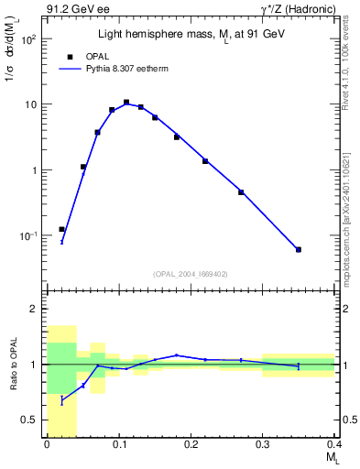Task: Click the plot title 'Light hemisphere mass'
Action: tap(191, 34)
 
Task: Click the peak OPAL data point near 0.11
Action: tap(126, 103)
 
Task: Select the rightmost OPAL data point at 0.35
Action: tap(299, 249)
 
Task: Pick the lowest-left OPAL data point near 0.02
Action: tap(61, 229)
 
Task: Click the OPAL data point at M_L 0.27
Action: tap(241, 192)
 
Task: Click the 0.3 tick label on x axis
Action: tap(263, 445)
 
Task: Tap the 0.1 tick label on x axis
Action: tap(118, 445)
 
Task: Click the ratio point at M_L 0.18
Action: tap(177, 355)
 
